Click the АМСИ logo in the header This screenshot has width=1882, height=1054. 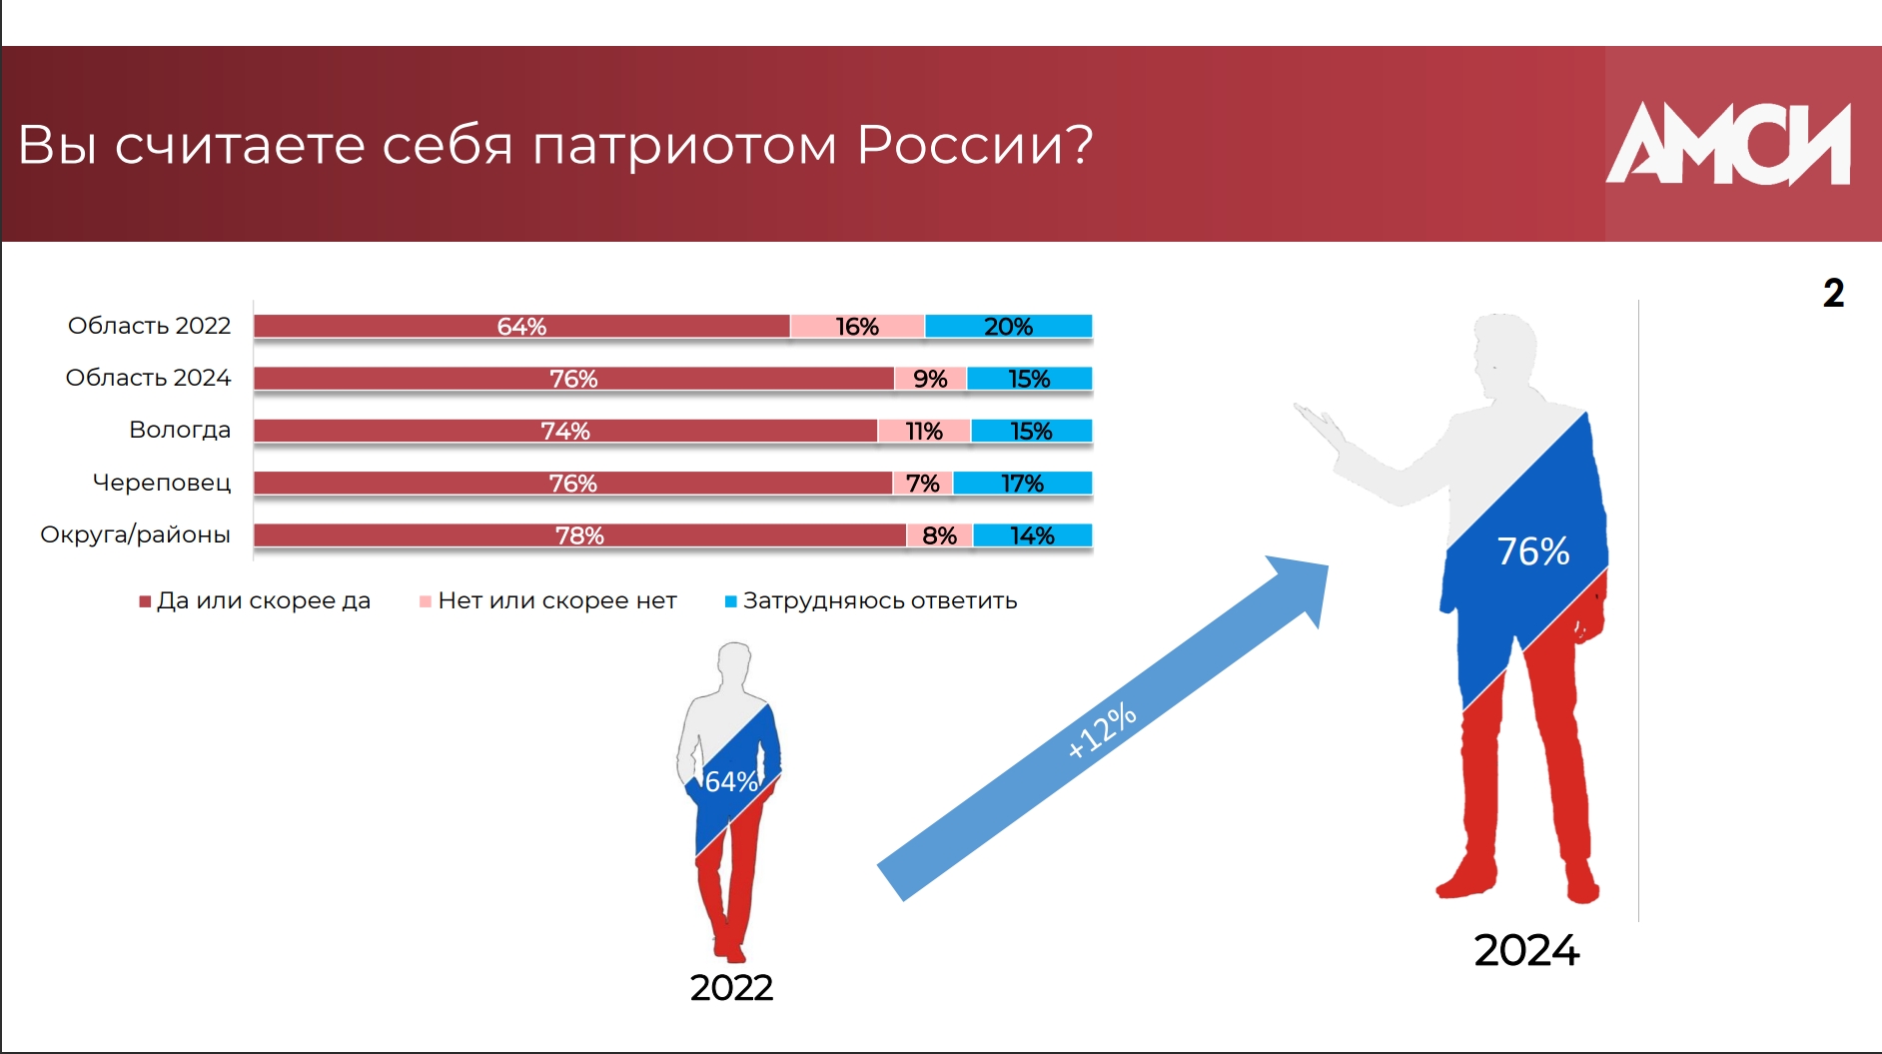tap(1728, 144)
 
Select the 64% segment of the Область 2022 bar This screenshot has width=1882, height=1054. tap(521, 327)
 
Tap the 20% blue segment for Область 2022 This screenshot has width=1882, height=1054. tap(1009, 327)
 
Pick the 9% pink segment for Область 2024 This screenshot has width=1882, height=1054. tap(930, 379)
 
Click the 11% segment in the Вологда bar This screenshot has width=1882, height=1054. tap(924, 431)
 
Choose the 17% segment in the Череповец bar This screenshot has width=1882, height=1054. tap(1023, 484)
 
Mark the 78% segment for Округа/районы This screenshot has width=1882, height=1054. tap(579, 535)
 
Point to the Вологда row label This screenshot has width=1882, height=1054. tap(180, 430)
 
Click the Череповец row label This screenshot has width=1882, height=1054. tap(162, 483)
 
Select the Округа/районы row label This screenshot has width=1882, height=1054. tap(135, 534)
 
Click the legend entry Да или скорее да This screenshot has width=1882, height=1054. tap(255, 600)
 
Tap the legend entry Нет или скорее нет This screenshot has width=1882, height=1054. tap(548, 600)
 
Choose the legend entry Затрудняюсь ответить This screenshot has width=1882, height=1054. tap(871, 600)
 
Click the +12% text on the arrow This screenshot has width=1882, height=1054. tap(1102, 730)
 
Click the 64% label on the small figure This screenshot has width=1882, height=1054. tap(731, 781)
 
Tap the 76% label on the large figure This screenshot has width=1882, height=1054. tap(1533, 551)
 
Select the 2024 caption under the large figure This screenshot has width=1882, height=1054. tap(1526, 950)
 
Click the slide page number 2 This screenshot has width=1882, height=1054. tap(1834, 293)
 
